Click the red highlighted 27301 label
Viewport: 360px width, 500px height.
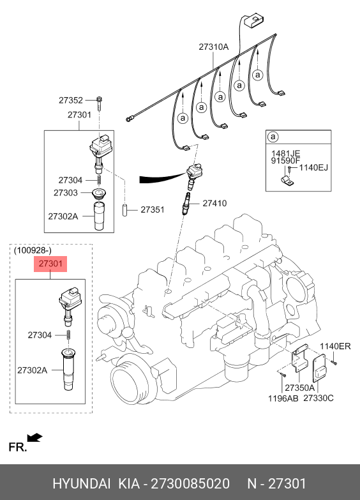(x=50, y=264)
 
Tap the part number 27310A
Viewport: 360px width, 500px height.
(x=214, y=47)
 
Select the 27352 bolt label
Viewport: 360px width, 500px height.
(x=70, y=100)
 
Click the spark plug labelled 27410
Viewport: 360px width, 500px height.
(x=186, y=204)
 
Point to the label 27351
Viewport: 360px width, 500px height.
(x=153, y=209)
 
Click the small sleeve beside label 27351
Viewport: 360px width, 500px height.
(x=124, y=210)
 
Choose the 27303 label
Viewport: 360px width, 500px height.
(x=65, y=193)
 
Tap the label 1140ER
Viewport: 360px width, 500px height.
(x=335, y=346)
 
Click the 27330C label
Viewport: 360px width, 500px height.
(x=319, y=398)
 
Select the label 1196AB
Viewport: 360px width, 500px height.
(x=283, y=398)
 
